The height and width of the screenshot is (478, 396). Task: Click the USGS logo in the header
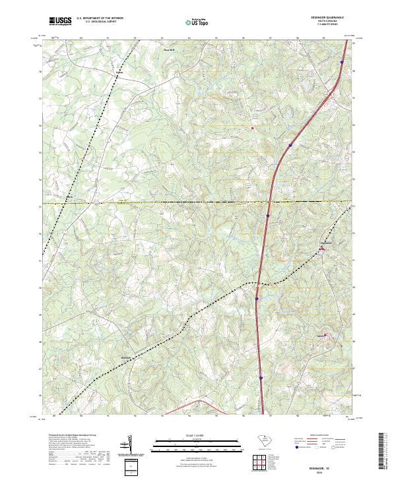pos(61,22)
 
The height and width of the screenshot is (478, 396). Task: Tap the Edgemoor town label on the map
pos(325,243)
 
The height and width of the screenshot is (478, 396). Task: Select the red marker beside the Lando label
pos(325,334)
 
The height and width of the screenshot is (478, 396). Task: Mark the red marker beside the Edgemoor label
pos(321,249)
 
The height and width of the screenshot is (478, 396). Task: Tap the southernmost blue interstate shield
pos(261,378)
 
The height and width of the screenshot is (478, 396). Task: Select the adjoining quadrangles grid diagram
pos(262,463)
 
